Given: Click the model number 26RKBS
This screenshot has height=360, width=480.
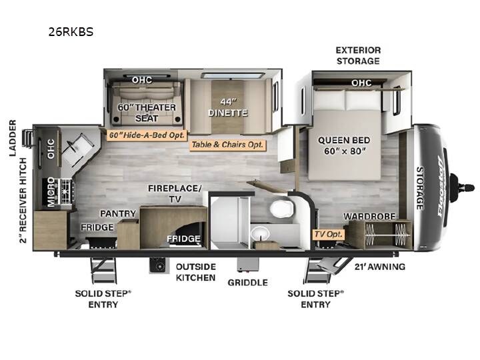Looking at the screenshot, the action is point(71,32).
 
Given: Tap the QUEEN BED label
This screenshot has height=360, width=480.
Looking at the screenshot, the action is point(344,140).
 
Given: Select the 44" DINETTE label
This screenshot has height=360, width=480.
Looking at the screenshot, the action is point(228,107).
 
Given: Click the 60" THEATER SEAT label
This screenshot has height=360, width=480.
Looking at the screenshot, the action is point(147,113).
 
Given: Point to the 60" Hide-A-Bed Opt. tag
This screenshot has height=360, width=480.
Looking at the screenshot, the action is point(147,135).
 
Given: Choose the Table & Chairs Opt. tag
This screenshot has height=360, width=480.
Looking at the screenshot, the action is point(227,145).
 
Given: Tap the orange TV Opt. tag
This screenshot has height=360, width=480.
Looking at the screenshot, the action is point(328,235).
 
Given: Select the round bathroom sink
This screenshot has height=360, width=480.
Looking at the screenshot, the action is point(260,234).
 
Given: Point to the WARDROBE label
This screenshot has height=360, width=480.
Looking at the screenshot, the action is point(369,217).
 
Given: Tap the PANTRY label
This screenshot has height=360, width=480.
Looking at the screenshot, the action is point(118,213).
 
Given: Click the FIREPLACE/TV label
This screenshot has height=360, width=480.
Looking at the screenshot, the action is point(175,193).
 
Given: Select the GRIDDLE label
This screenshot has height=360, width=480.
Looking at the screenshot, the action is point(247,282).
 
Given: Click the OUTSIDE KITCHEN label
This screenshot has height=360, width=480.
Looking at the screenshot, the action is point(196,272).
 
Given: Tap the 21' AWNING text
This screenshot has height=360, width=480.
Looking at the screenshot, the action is point(380,267).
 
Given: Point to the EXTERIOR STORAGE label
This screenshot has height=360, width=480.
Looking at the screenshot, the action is point(358,55).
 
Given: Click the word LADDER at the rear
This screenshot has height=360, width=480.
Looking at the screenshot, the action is point(13,138).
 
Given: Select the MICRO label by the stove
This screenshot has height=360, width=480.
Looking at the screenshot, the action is point(51,192).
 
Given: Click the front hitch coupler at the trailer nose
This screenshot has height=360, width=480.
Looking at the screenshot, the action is point(463,187).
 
